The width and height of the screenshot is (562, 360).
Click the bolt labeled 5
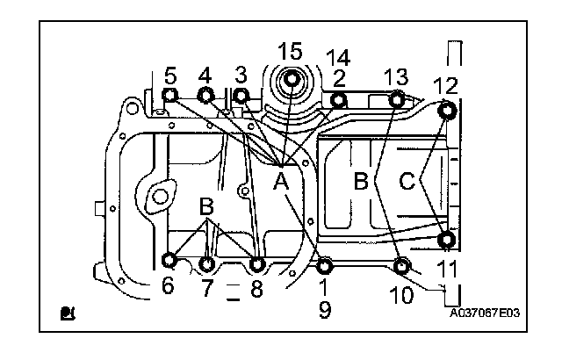(x=171, y=96)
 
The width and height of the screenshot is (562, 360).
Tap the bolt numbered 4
(x=206, y=96)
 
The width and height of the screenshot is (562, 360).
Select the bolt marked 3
(x=241, y=96)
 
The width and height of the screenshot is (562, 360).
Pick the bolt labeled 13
(x=397, y=99)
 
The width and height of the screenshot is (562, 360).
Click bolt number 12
(x=448, y=112)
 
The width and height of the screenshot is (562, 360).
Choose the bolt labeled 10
(x=402, y=265)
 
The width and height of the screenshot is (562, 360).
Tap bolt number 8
(x=257, y=263)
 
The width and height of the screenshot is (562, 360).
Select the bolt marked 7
(x=207, y=263)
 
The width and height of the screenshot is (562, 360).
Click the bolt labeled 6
(x=170, y=261)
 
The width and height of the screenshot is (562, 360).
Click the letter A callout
(x=281, y=182)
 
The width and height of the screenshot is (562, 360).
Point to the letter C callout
(x=407, y=181)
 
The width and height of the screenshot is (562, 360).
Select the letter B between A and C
(x=360, y=182)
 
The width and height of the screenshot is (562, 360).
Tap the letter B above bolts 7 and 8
(x=207, y=208)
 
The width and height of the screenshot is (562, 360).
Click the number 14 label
(x=337, y=58)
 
